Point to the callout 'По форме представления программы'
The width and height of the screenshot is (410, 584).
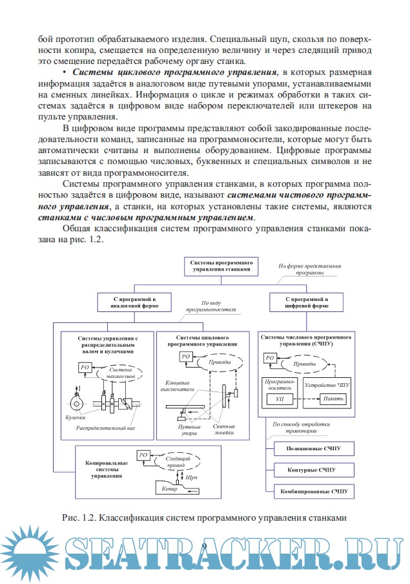[x=309, y=269]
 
